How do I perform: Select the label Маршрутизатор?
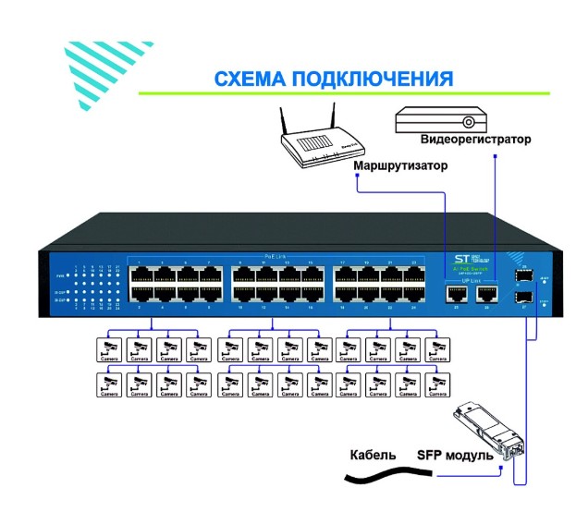tap(400, 167)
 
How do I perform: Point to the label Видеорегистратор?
tap(475, 140)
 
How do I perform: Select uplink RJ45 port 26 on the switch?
tap(486, 294)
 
